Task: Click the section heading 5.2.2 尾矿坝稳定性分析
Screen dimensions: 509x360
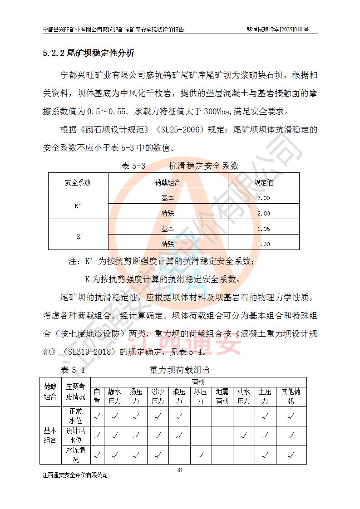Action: (x=89, y=54)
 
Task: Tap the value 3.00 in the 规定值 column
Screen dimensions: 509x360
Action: (x=263, y=198)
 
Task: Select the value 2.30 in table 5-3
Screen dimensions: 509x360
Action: (x=263, y=213)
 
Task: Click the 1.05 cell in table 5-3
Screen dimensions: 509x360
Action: (x=263, y=229)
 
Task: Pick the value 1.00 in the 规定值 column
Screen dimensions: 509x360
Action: (x=263, y=244)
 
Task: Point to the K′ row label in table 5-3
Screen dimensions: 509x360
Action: (x=78, y=206)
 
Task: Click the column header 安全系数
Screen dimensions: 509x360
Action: (x=78, y=182)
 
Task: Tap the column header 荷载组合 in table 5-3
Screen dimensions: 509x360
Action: (x=168, y=182)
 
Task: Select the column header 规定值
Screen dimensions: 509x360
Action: (x=263, y=182)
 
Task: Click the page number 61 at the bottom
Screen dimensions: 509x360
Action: (x=180, y=470)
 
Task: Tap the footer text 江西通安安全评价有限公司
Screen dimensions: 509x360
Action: (x=75, y=475)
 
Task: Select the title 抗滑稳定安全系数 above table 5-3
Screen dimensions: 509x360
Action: (x=203, y=166)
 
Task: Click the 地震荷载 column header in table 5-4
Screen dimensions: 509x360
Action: (x=222, y=396)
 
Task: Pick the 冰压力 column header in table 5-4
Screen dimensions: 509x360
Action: (x=200, y=396)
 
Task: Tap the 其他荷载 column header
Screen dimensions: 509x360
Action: (x=291, y=396)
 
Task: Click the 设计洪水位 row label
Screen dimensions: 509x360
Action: (x=75, y=436)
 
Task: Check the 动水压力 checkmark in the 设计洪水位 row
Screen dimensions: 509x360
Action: (x=244, y=436)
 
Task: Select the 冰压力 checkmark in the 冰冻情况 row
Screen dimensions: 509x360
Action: (x=200, y=455)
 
